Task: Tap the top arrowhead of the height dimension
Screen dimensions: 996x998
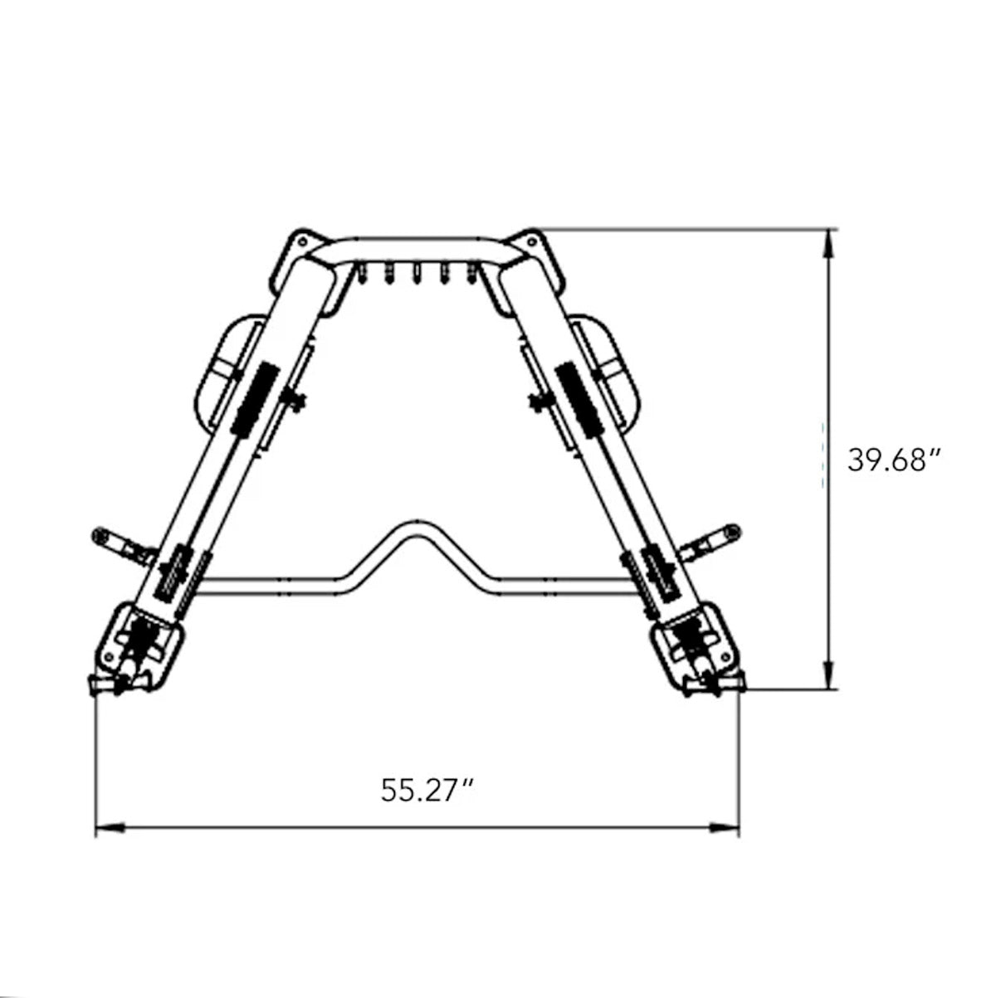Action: click(x=828, y=242)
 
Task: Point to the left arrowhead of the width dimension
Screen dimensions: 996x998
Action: click(x=110, y=828)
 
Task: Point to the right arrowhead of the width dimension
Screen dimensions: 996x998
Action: click(x=724, y=828)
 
